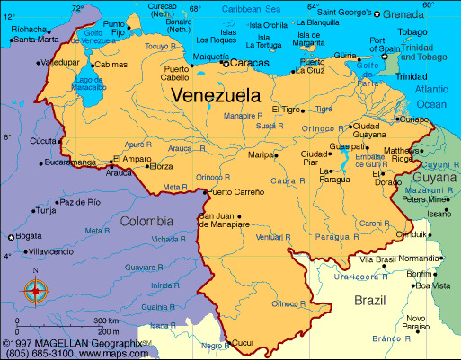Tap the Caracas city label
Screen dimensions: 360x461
pos(251,64)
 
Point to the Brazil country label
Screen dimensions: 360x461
pos(370,300)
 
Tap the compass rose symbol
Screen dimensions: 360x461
pos(36,290)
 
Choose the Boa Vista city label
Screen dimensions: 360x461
pos(432,285)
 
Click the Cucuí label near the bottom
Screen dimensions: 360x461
pos(244,343)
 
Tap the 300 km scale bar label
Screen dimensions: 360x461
pos(106,320)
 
